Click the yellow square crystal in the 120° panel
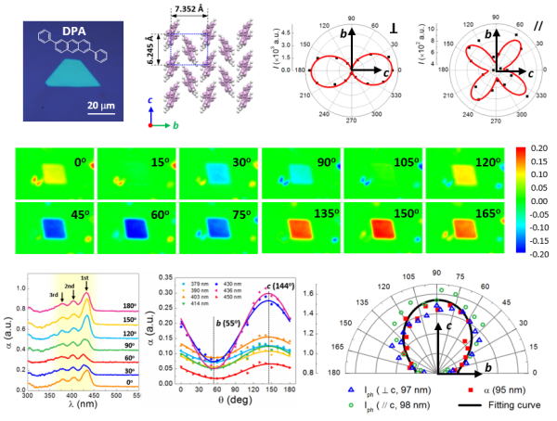(x=469, y=172)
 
